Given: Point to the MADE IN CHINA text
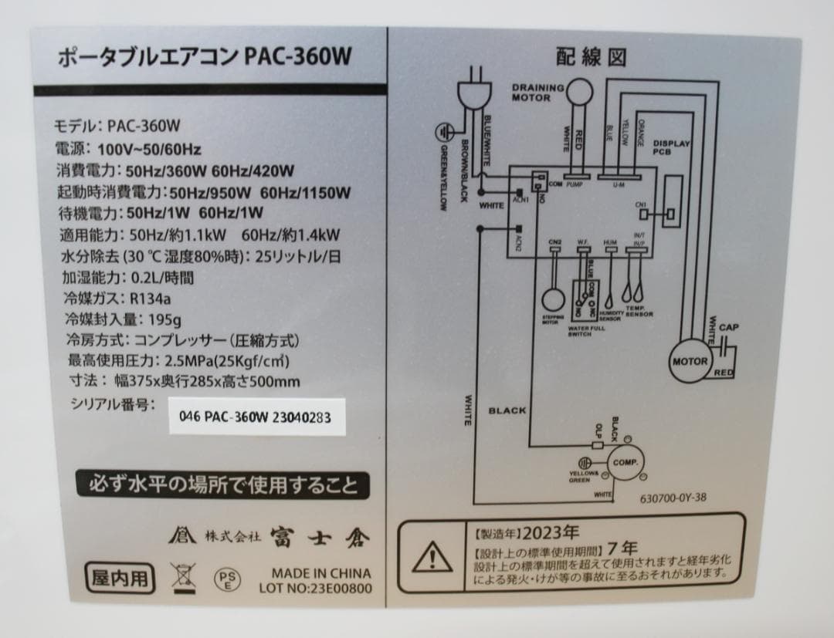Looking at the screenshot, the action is (x=320, y=573).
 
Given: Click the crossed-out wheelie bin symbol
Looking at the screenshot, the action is (x=184, y=578).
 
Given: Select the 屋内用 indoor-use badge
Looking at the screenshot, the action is (x=120, y=578).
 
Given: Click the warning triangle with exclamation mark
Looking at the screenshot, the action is (x=431, y=555).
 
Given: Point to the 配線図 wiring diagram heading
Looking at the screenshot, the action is (x=591, y=57).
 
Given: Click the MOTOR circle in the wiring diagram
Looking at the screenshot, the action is (x=690, y=361).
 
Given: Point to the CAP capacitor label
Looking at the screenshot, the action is (x=728, y=328).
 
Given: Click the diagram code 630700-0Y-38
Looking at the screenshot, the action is (x=673, y=498).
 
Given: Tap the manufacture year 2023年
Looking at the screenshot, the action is (x=550, y=532).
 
